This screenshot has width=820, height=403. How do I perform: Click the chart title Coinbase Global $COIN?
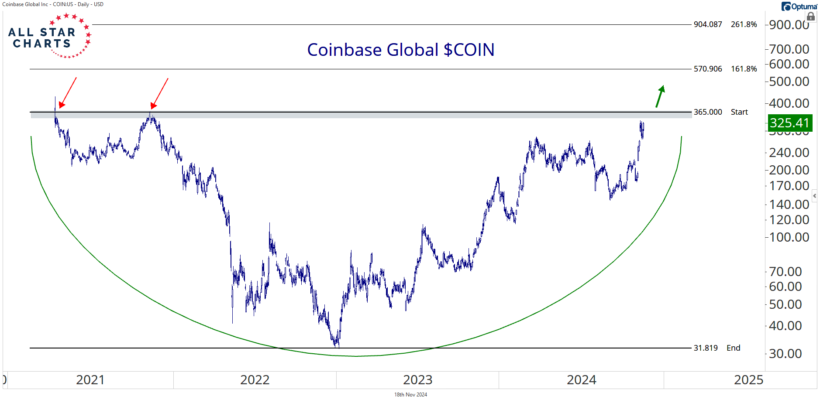pos(400,50)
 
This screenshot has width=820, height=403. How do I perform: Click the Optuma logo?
pos(799,7)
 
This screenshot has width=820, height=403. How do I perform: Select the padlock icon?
pos(811,17)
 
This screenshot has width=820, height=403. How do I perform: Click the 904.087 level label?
pos(708,24)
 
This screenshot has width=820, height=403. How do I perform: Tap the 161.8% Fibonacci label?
pos(744,69)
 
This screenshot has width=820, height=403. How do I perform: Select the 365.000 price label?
pos(708,112)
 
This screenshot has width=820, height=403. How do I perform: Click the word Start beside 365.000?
pos(739,112)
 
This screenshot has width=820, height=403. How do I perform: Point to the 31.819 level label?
pos(706,348)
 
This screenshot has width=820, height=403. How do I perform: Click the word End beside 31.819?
pos(734,348)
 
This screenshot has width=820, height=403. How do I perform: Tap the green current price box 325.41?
pos(789,123)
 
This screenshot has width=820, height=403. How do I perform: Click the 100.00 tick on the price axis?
pos(789,237)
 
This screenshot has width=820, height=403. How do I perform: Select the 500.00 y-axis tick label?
pos(789,82)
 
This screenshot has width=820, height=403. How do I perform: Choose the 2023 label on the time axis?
pos(417,380)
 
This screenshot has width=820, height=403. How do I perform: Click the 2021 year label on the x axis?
pos(90,380)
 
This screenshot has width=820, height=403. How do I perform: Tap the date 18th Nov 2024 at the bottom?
pos(410,395)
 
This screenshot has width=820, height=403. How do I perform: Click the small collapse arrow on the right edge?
pos(814,196)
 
